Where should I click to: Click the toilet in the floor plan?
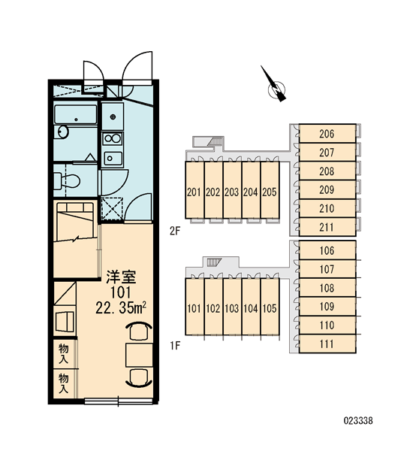tap(67, 181)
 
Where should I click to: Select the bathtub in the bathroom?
tap(76, 115)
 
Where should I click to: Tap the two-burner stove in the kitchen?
tap(113, 138)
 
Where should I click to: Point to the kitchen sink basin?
tap(113, 158)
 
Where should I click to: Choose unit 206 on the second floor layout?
tap(327, 134)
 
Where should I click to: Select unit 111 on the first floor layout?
tap(327, 344)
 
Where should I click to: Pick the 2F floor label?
tap(175, 231)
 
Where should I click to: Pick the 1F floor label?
tap(175, 346)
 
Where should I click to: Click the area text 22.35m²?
tap(121, 307)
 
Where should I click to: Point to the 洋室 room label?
tap(121, 277)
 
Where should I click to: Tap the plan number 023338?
tap(358, 421)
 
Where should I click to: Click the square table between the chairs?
tap(139, 355)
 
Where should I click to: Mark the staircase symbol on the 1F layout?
tap(214, 262)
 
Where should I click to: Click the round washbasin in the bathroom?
tap(63, 132)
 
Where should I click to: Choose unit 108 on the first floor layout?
tap(327, 287)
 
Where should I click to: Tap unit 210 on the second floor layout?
tap(327, 208)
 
